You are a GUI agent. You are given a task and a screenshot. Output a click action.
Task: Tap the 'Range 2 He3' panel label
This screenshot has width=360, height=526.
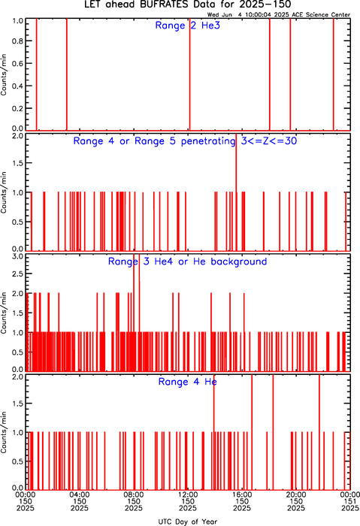[188, 26]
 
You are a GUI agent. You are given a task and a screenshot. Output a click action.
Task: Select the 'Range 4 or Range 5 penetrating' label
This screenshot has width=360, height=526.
[154, 141]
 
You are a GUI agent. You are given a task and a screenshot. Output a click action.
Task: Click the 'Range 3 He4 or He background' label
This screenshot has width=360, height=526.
[187, 261]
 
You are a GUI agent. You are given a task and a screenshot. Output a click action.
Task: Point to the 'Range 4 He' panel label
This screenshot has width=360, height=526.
[188, 382]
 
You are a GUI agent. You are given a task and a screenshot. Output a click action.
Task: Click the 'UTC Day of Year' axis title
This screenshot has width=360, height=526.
[188, 521]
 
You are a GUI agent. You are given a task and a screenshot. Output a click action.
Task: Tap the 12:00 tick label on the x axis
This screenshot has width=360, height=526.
[188, 494]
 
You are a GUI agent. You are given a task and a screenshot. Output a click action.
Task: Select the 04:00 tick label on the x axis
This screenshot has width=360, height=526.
[80, 494]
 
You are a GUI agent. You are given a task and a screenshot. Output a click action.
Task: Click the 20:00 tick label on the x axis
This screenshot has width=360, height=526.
[296, 494]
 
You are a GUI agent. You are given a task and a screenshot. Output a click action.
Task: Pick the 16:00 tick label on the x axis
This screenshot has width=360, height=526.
[242, 494]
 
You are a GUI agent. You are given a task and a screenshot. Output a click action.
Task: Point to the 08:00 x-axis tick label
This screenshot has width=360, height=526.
[134, 494]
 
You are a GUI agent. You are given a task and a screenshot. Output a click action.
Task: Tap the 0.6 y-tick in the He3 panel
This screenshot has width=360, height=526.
[18, 63]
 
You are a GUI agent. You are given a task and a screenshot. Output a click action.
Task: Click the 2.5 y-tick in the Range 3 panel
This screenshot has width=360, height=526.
[18, 274]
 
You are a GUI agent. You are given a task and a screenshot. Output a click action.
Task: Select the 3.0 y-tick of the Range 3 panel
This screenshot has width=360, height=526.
[18, 256]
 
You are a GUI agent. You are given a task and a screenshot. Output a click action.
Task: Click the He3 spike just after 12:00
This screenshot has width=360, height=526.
[189, 74]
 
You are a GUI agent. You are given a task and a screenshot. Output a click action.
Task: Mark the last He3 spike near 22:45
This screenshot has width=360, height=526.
[333, 74]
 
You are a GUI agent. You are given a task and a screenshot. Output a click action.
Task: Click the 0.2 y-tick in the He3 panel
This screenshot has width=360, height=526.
[18, 108]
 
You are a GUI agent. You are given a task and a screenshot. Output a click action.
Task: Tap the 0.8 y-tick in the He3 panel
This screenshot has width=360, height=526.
[18, 41]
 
